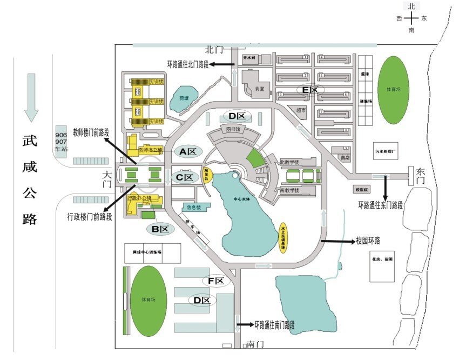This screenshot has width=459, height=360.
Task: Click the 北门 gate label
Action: [x=214, y=50]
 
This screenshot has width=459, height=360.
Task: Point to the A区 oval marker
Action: [x=187, y=152]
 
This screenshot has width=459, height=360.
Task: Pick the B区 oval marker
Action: [x=160, y=229]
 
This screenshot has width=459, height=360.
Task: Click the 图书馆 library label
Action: [x=233, y=130]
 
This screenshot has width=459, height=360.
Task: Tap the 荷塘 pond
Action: [x=185, y=98]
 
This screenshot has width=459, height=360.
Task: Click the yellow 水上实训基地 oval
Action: [x=284, y=238]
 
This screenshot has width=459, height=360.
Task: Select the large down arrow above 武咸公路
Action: [x=30, y=97]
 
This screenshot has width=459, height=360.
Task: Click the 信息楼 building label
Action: [x=194, y=206]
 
